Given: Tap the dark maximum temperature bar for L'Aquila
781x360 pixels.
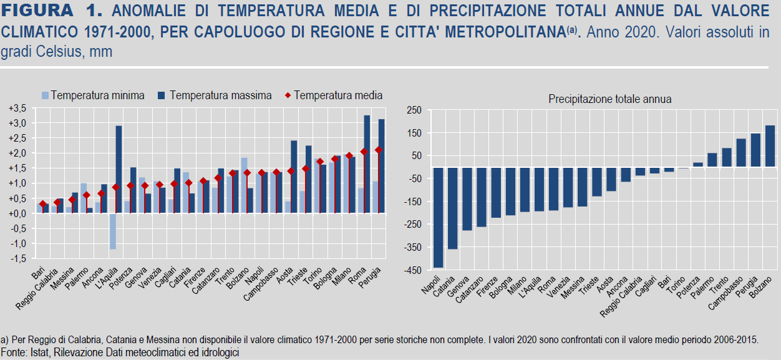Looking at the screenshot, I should (119, 169).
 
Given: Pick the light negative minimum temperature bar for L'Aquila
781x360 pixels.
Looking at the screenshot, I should (113, 231).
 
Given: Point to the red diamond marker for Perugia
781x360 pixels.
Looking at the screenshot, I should (378, 150).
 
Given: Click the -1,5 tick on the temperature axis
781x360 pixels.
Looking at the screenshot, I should (17, 258).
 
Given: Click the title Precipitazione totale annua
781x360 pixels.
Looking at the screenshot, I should (609, 99).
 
